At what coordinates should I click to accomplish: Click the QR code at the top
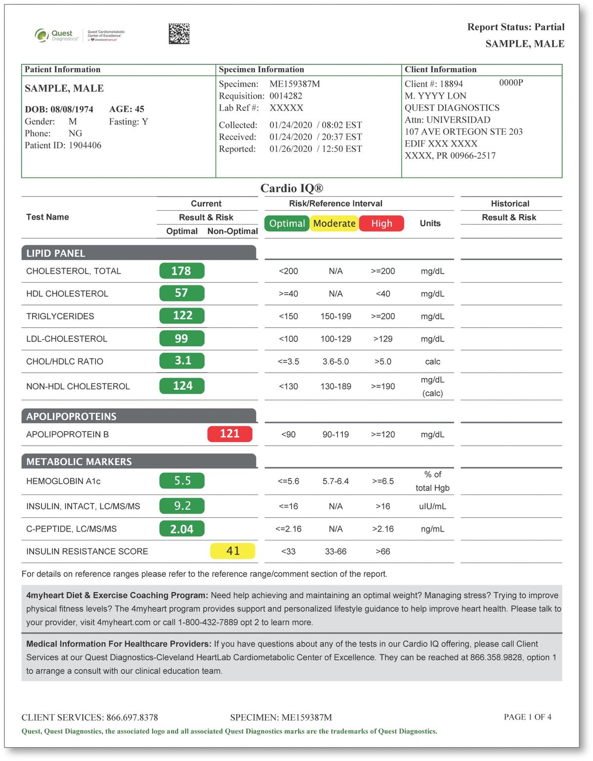179,34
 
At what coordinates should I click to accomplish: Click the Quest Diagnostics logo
57,36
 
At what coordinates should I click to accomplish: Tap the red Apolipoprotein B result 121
230,434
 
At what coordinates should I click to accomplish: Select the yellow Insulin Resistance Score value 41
233,551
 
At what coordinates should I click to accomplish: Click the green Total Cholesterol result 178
181,271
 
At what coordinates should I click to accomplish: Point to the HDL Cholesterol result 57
181,293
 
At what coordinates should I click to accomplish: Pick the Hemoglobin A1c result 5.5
182,481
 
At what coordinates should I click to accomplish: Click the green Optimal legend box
287,224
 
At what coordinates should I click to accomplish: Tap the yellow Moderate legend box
335,224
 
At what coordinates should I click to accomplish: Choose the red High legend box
381,224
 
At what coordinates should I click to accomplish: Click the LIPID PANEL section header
56,253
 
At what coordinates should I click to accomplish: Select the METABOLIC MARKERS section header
79,461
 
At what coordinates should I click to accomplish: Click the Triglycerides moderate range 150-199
336,316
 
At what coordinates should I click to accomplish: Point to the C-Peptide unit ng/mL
432,529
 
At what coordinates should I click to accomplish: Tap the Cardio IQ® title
292,188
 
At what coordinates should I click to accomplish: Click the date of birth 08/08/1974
72,110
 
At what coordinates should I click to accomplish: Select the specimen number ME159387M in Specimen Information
295,84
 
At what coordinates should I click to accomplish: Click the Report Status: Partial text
515,27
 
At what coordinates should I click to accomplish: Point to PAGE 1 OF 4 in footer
527,717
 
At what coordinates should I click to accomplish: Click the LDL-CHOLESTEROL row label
67,339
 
